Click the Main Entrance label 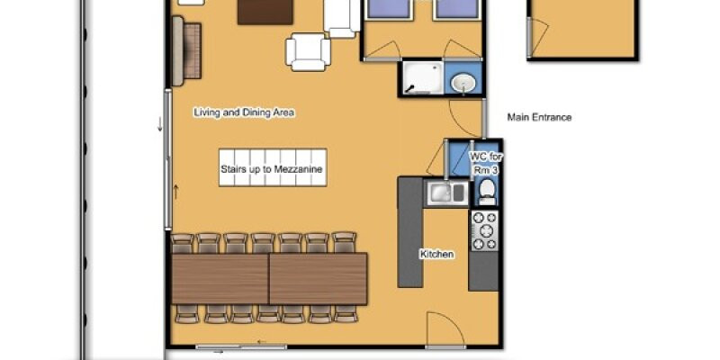[539, 117]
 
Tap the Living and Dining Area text [244, 112]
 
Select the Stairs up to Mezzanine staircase [273, 167]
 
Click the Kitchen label [436, 254]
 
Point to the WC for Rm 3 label [486, 163]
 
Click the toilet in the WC [487, 192]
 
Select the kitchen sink [445, 193]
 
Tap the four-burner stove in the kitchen [484, 230]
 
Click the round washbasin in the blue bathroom [463, 84]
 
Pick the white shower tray [423, 77]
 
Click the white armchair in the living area [308, 51]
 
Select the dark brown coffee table [265, 12]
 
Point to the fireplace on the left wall [186, 50]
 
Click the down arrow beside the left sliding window [160, 124]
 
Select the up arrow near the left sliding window [175, 192]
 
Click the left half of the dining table [220, 278]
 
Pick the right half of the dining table [319, 278]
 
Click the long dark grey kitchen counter [410, 232]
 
